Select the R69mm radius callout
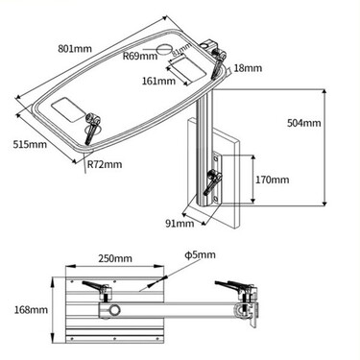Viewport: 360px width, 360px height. tap(140, 56)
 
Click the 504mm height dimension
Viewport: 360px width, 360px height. tap(306, 124)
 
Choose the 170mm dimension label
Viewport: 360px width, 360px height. tap(274, 180)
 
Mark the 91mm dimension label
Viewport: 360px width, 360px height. tap(179, 224)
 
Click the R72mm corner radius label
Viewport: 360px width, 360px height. tap(105, 164)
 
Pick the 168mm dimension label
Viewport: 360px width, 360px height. tap(29, 310)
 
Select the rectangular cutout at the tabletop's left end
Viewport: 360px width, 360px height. tap(66, 108)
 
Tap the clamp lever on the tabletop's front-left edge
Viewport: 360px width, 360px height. tap(93, 129)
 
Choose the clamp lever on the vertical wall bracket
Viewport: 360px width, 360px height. tap(215, 181)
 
